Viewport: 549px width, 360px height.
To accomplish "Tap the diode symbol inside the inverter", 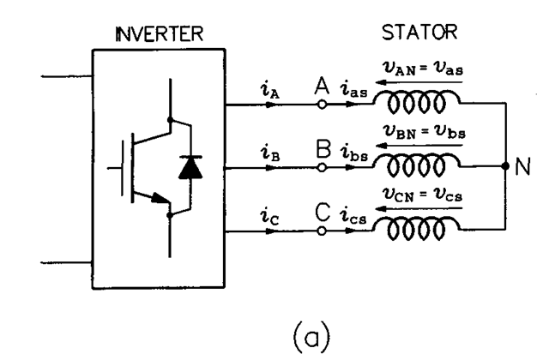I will (186, 168).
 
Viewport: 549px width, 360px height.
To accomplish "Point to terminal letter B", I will (323, 149).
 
